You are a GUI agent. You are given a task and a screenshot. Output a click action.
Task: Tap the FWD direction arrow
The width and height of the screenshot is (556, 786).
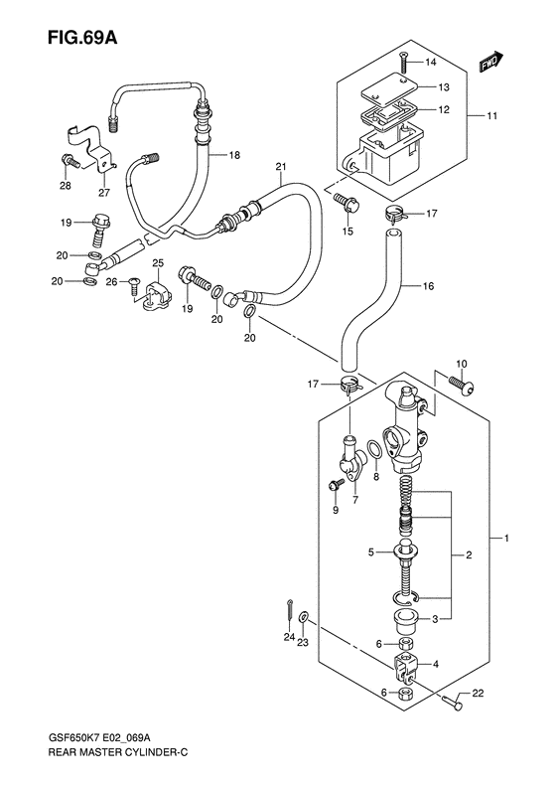point(491,63)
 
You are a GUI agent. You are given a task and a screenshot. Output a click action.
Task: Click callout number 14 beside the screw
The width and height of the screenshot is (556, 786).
point(431,63)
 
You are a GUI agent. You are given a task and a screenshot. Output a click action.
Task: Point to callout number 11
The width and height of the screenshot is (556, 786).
point(491,116)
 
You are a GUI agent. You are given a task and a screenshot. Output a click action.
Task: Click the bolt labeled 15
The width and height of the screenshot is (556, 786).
point(347,203)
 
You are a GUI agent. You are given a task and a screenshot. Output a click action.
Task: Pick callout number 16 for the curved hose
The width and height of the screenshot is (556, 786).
point(428,286)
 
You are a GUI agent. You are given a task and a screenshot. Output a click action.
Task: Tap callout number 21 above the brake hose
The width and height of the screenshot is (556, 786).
point(281,166)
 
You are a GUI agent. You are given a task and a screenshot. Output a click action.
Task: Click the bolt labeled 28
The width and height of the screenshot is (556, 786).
point(70,162)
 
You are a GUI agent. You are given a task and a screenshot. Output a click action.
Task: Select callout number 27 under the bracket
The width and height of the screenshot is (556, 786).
point(104,193)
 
